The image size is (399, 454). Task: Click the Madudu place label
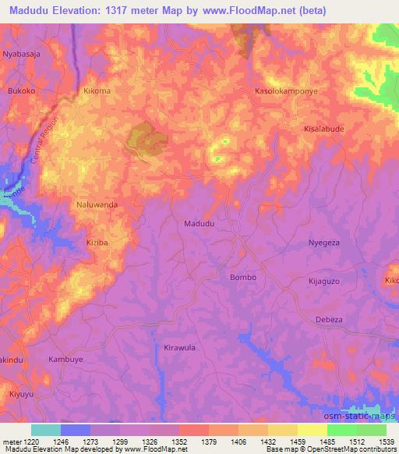[x=199, y=223]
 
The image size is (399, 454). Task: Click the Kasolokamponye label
[x=288, y=90]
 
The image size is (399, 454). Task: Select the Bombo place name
[x=243, y=277]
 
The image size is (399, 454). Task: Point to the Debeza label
[x=329, y=319]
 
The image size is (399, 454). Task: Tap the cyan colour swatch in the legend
[x=46, y=430]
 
